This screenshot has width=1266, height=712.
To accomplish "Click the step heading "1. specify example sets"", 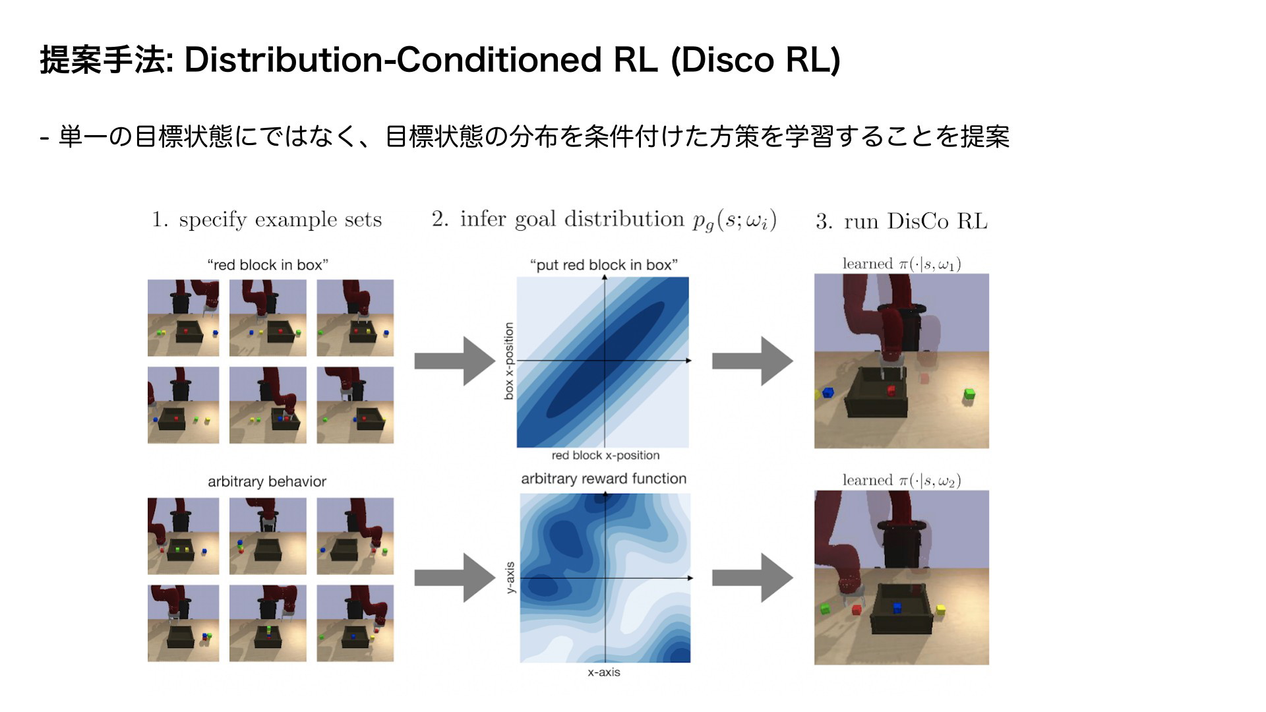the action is [267, 220].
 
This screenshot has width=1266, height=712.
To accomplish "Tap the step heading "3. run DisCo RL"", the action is [901, 221].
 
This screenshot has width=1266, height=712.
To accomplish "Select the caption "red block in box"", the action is [268, 265].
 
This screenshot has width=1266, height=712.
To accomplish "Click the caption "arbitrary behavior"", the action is [267, 481].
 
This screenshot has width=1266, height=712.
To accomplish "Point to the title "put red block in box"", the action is [604, 265].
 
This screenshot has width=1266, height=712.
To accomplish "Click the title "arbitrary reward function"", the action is [604, 479].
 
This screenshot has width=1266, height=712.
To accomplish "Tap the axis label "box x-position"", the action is [508, 361].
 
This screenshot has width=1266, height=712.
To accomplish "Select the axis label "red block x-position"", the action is [605, 456].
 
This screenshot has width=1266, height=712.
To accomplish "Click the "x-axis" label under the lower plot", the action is [604, 672].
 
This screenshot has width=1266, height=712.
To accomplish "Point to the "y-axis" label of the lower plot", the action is [510, 578].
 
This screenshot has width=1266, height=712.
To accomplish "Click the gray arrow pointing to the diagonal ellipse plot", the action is [454, 361].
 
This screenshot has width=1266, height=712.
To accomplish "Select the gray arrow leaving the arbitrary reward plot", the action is [752, 578].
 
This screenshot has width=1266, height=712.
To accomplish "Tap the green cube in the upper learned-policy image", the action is [969, 394].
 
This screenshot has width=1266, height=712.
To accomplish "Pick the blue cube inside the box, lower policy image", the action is [897, 608].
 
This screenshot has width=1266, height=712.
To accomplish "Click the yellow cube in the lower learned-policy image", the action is [940, 610].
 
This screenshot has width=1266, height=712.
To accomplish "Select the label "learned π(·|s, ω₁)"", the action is [901, 264].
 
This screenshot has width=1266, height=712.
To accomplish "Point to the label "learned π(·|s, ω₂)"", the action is [901, 480].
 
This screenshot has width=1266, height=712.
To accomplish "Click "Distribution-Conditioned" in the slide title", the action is [393, 60].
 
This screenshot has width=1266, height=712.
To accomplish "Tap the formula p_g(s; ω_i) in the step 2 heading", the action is [735, 220].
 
